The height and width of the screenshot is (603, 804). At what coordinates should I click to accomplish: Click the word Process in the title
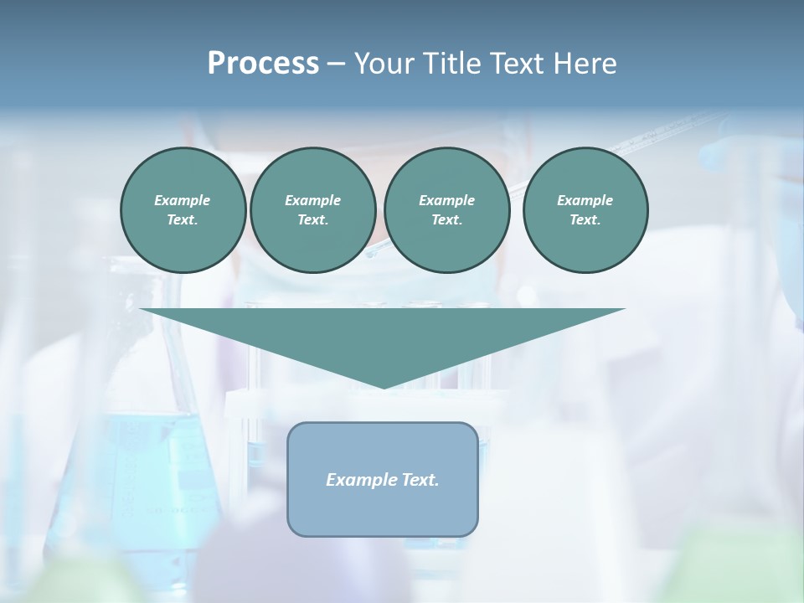(263, 63)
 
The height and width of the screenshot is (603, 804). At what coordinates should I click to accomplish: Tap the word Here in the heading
(583, 63)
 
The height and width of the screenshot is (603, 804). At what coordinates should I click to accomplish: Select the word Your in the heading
(381, 63)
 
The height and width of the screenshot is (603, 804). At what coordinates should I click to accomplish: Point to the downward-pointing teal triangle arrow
(383, 335)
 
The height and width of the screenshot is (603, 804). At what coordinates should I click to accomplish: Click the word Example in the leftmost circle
(183, 200)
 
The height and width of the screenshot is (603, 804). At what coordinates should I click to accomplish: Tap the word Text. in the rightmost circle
(585, 219)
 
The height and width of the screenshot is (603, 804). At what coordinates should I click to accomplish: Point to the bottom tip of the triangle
(384, 386)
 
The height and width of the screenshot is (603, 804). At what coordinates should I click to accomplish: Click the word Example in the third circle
(446, 200)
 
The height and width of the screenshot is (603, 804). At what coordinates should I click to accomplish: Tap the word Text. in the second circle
(312, 219)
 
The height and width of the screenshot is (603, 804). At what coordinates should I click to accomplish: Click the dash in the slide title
(336, 64)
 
